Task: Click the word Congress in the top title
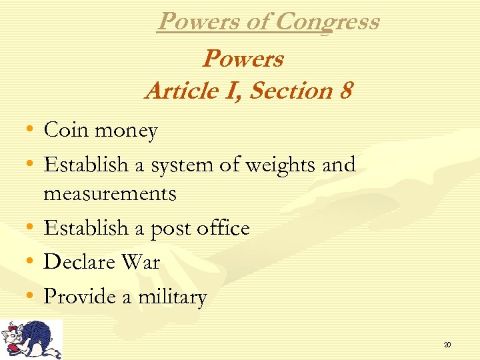coord(327,22)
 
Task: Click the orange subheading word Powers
coord(243,59)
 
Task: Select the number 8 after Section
coord(345,90)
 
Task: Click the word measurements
coord(110,194)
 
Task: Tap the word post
coord(172,229)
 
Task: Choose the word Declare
coord(79,262)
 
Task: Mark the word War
coord(141,262)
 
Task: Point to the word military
coord(173,297)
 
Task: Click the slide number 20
coord(447,345)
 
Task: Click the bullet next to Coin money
coord(31,130)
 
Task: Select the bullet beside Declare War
coord(31,262)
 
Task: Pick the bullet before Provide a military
coord(31,297)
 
